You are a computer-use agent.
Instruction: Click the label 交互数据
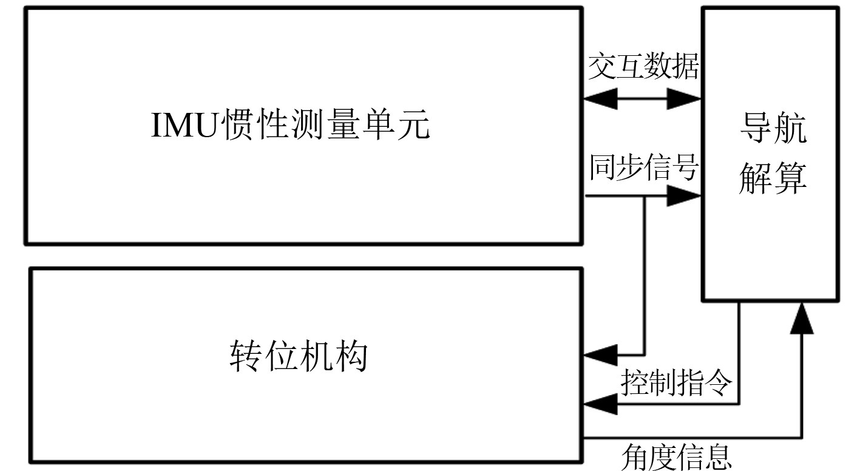(x=643, y=68)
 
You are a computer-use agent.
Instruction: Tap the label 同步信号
(x=643, y=167)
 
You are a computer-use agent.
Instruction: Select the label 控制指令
(x=676, y=384)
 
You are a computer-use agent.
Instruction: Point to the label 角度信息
(x=676, y=456)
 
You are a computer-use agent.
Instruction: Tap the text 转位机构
(x=299, y=356)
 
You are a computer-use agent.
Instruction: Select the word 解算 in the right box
(x=773, y=179)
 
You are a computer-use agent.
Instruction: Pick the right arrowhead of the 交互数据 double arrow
(x=685, y=98)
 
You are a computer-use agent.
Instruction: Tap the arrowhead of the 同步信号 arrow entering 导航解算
(x=685, y=196)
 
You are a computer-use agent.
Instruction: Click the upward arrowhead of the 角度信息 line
(x=802, y=318)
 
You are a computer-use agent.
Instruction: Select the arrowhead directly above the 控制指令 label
(x=598, y=354)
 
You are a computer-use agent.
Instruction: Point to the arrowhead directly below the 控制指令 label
(x=598, y=404)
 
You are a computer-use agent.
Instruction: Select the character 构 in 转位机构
(x=352, y=356)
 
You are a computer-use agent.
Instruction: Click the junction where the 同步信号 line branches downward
(x=645, y=196)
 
